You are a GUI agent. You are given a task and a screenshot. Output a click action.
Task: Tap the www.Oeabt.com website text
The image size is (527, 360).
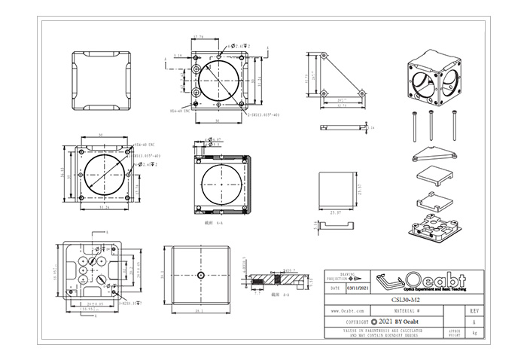(x=349, y=310)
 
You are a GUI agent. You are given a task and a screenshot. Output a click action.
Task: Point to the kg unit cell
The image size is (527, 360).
(x=473, y=331)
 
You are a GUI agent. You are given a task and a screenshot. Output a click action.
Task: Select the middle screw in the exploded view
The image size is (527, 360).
(x=430, y=124)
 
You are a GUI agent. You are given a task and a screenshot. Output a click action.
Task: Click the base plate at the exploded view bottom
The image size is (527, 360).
(x=435, y=227)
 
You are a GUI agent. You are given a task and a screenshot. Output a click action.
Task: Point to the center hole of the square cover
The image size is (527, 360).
(x=201, y=275)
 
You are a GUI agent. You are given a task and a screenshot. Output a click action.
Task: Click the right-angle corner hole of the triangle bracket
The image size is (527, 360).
(x=324, y=93)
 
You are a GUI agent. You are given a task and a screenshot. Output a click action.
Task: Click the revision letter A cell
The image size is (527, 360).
(x=473, y=321)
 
